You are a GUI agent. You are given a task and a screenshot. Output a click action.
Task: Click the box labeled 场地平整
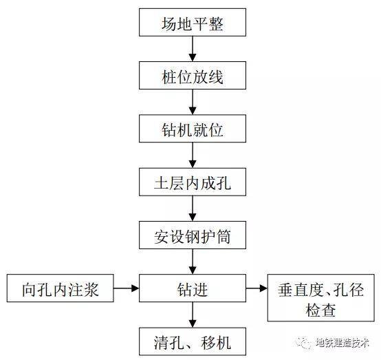click(193, 23)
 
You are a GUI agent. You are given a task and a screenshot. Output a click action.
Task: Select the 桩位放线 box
click(193, 76)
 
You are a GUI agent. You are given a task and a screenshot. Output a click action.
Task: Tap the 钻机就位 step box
click(193, 129)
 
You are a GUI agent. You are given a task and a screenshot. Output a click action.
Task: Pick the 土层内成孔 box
click(193, 182)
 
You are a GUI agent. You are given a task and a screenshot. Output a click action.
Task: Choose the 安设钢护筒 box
click(193, 235)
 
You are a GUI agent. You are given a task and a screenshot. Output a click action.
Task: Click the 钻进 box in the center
click(193, 288)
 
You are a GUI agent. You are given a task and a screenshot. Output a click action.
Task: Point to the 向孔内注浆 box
click(61, 288)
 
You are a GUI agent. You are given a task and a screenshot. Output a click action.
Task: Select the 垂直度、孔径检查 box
click(321, 298)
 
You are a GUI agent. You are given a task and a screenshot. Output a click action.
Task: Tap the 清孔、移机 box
click(193, 341)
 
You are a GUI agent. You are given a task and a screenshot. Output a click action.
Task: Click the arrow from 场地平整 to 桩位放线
click(193, 49)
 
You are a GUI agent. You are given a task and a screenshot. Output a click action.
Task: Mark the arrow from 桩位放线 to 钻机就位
click(193, 102)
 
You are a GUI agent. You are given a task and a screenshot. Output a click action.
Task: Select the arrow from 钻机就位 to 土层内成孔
click(193, 155)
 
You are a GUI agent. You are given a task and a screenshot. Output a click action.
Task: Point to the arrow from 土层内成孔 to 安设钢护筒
click(193, 209)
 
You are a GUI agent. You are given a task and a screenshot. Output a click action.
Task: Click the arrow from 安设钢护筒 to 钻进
click(193, 262)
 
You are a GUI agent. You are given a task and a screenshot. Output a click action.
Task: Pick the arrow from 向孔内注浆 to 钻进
click(127, 288)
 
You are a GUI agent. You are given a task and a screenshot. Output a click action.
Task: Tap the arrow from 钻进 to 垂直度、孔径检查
click(257, 288)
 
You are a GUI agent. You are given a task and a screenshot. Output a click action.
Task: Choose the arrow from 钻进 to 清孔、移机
click(193, 315)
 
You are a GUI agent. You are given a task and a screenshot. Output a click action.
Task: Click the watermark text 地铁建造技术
click(342, 343)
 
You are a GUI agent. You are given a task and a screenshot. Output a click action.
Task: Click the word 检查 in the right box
click(320, 310)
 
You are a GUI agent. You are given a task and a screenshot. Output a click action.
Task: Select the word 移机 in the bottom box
click(216, 343)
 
